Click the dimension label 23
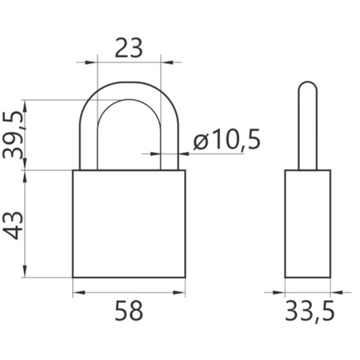tap(129, 48)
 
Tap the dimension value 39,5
tap(12, 135)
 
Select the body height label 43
tap(13, 226)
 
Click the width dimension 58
tap(129, 310)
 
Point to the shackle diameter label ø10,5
tap(226, 139)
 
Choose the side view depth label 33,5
tap(310, 311)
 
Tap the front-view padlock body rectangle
tap(129, 224)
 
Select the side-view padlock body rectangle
tap(308, 224)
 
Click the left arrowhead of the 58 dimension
tap(78, 293)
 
